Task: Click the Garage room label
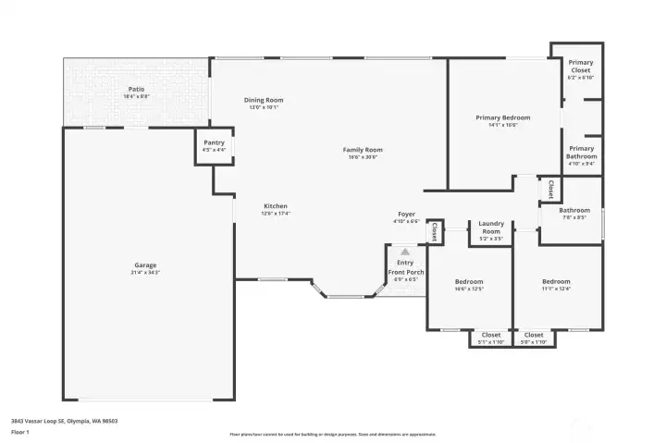146,265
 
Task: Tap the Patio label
136,89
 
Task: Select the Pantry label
214,142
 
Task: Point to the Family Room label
363,150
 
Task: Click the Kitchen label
276,205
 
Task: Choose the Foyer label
407,215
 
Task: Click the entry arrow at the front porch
405,252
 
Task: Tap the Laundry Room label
491,228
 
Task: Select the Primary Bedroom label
503,117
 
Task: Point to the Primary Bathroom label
582,152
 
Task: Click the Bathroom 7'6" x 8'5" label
573,211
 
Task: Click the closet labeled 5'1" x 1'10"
491,335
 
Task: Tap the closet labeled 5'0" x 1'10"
534,335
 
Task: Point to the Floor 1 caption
19,432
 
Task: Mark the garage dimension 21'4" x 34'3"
146,273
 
